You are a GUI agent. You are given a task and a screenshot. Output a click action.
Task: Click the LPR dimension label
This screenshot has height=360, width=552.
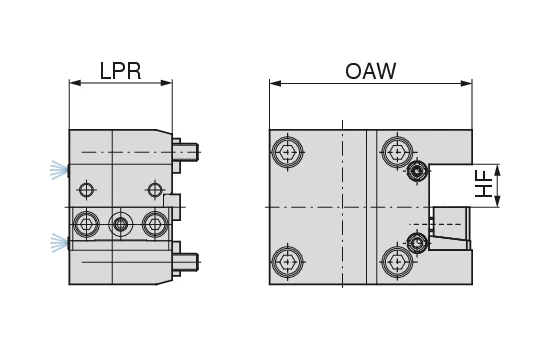(120, 71)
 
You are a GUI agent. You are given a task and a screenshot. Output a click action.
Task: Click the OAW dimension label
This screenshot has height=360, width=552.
(371, 71)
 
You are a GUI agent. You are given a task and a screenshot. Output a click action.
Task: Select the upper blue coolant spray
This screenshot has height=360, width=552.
(59, 170)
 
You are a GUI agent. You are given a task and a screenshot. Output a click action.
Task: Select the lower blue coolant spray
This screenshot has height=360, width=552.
(59, 242)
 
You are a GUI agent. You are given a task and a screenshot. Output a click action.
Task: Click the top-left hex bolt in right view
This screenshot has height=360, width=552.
(288, 152)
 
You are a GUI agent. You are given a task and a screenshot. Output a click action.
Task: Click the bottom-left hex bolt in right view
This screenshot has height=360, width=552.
(288, 262)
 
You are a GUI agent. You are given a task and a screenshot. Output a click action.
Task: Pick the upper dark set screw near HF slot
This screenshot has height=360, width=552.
(418, 171)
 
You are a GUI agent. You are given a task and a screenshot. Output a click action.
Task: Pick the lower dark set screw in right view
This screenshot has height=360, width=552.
(418, 243)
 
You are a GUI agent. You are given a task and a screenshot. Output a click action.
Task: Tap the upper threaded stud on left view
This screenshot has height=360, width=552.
(186, 152)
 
